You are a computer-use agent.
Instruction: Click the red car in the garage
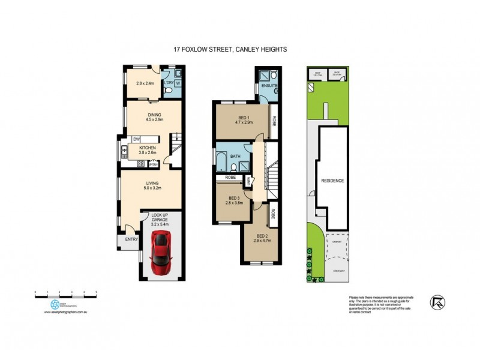point(160,251)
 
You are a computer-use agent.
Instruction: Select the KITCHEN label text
point(148,148)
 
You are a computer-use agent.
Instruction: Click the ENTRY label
point(131,240)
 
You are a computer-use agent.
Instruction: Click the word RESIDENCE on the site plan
point(332,181)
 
